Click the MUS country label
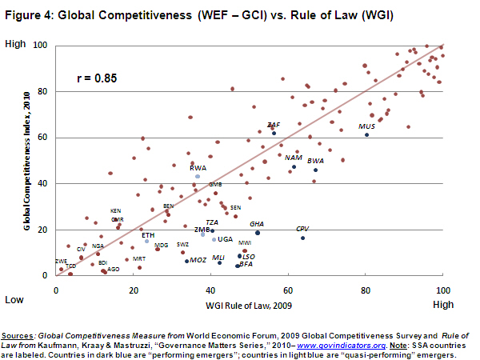pos(367,126)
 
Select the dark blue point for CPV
pos(302,238)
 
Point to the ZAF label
pos(274,125)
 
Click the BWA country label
pos(315,161)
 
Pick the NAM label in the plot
pos(294,158)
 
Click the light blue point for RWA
pos(198,176)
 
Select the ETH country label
pos(148,234)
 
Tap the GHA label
pos(257,224)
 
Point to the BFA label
pos(246,264)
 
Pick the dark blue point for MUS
pos(366,135)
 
